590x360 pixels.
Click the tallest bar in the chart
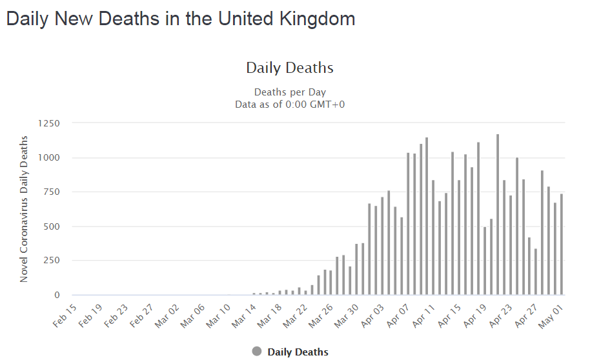click(498, 214)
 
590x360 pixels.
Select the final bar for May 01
click(562, 244)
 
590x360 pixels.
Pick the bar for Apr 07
click(408, 224)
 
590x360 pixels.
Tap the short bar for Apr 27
click(536, 272)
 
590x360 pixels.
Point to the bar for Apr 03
click(382, 246)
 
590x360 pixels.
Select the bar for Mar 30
click(356, 269)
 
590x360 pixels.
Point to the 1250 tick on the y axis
click(48, 123)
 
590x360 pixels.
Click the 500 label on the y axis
click(52, 226)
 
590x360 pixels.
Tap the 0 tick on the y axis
click(57, 295)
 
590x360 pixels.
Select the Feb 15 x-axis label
click(65, 315)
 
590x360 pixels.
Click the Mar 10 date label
click(218, 315)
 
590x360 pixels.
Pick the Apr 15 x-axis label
click(449, 315)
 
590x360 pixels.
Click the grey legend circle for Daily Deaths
click(257, 352)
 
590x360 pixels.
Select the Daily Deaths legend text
click(298, 352)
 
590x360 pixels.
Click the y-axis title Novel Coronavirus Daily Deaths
click(24, 209)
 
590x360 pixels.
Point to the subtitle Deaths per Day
click(290, 92)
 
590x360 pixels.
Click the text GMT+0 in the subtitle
click(327, 105)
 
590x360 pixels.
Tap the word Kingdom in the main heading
click(317, 19)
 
